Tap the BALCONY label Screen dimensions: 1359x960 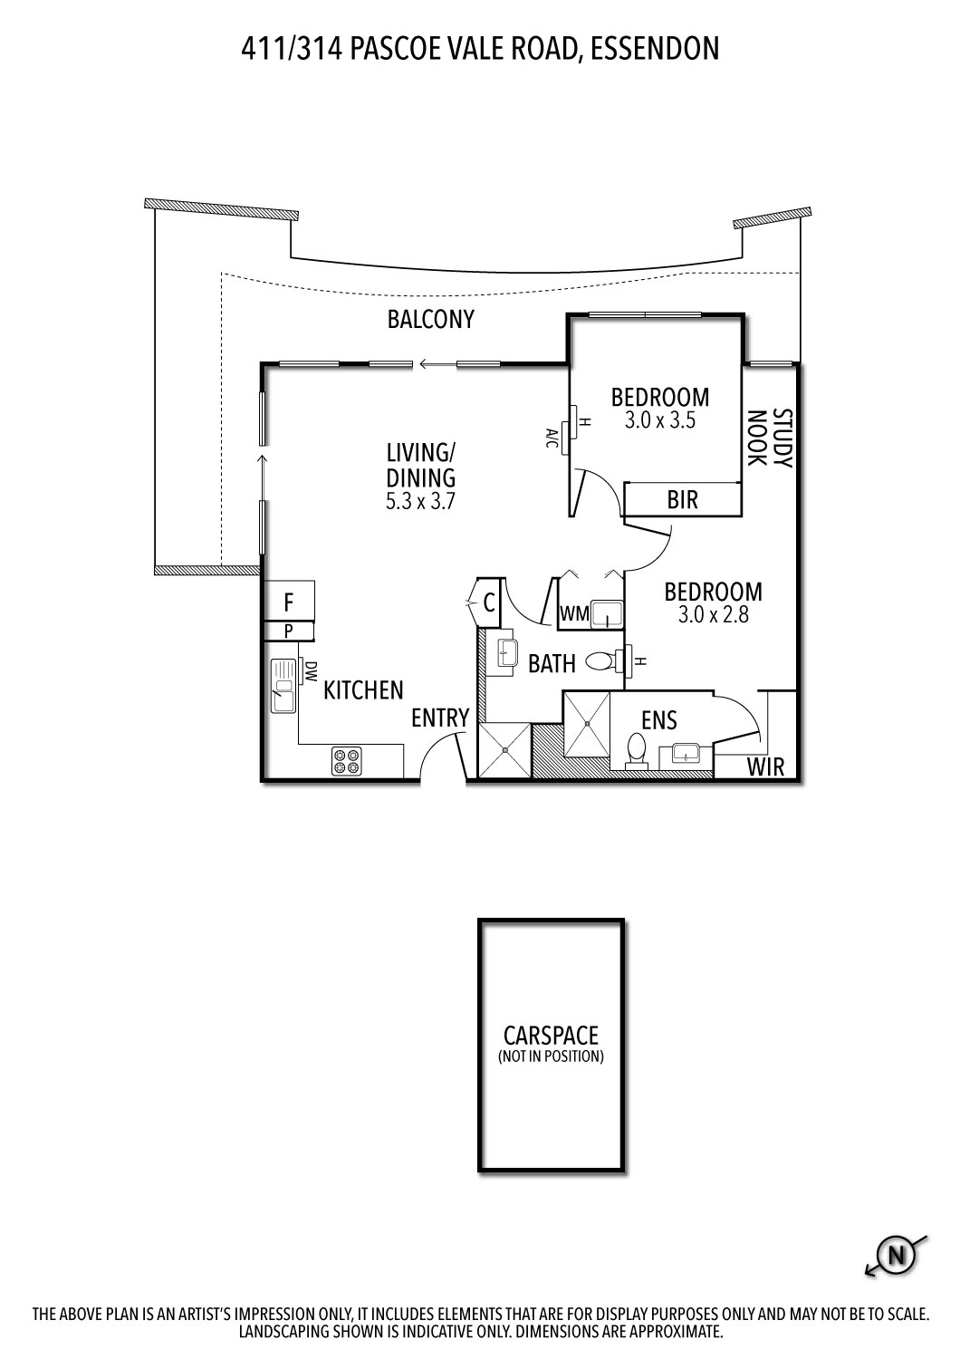[x=430, y=320]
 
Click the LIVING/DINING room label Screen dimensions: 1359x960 [x=420, y=465]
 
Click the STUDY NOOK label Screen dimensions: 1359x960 [x=769, y=439]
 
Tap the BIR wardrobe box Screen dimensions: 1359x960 [x=683, y=499]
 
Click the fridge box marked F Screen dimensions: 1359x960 [x=289, y=602]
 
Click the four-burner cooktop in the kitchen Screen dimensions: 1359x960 [x=345, y=760]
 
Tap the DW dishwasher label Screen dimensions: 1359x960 [x=311, y=671]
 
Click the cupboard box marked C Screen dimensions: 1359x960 [x=488, y=602]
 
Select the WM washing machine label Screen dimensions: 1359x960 [x=574, y=614]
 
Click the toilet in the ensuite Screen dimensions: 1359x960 [x=637, y=750]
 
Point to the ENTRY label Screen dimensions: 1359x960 [x=440, y=718]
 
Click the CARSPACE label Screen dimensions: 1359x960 [x=551, y=1035]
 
